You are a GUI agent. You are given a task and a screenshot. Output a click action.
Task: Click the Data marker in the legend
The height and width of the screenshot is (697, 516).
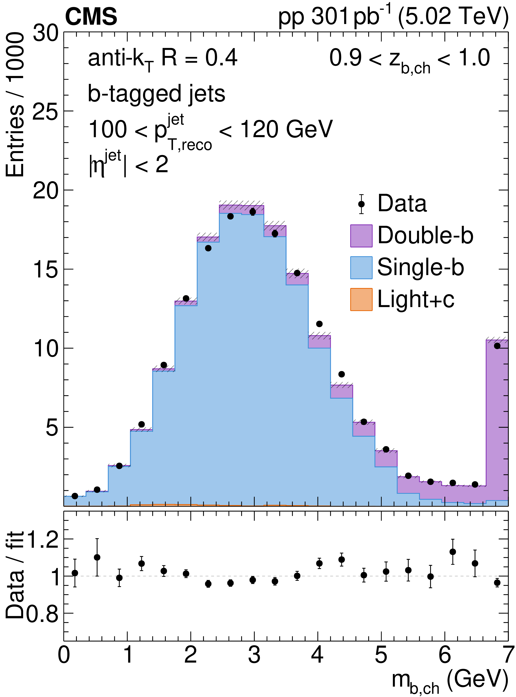[361, 204]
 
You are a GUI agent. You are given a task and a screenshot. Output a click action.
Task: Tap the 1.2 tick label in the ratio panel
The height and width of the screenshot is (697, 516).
[43, 539]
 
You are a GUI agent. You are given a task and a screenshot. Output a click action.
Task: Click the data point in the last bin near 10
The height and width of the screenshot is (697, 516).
[497, 346]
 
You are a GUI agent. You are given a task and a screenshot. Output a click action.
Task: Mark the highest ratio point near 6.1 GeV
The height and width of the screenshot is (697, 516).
[452, 552]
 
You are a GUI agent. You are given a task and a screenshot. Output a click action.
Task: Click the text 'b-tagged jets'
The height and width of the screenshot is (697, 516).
[156, 94]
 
